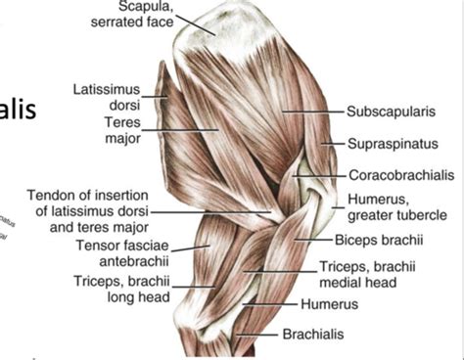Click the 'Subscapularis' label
[x=390, y=113]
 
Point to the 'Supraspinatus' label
[x=391, y=145]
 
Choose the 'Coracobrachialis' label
[x=400, y=176]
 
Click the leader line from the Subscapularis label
[x=313, y=113]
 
